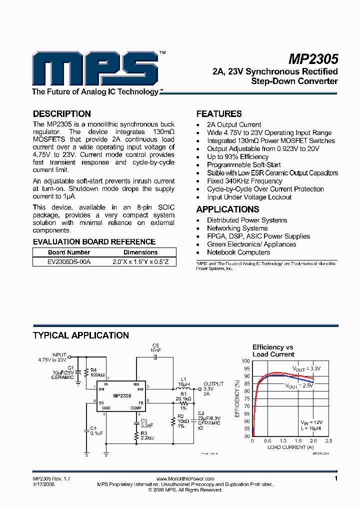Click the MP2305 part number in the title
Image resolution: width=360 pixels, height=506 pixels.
(314, 59)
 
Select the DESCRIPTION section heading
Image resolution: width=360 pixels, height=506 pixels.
(62, 114)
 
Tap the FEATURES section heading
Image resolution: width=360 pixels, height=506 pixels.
(219, 114)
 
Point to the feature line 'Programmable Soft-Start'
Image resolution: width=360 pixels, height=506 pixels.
(244, 165)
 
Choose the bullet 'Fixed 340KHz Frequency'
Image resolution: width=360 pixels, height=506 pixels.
(244, 181)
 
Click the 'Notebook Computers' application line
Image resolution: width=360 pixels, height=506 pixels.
(239, 252)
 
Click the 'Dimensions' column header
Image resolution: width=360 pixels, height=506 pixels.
(140, 252)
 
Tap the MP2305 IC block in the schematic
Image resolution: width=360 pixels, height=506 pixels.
(122, 395)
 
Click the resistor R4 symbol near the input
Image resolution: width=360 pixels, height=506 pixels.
(87, 372)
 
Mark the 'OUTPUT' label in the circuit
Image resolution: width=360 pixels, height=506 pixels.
(214, 383)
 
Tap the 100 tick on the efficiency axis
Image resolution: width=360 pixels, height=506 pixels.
(246, 360)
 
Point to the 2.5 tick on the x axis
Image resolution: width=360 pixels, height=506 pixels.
(328, 441)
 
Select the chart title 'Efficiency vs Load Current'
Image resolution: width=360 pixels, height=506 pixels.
(273, 350)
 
